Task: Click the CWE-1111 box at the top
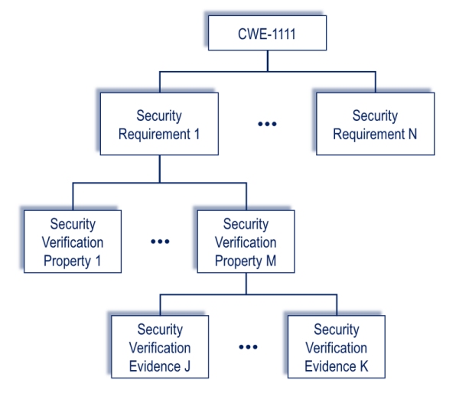pos(267,33)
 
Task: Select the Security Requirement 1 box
pos(159,124)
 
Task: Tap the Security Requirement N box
pos(376,124)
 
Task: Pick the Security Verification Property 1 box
pos(73,242)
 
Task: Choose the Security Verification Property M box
pos(246,242)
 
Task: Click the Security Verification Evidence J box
pos(160,347)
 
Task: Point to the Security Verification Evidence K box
pos(337,347)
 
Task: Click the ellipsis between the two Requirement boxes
pos(267,124)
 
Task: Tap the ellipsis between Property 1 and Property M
pos(160,242)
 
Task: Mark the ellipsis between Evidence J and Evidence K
pos(248,347)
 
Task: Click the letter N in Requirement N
pos(412,134)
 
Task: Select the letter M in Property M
pos(271,261)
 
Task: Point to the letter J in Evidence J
pos(187,366)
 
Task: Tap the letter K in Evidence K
pos(364,366)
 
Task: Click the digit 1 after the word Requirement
pos(197,134)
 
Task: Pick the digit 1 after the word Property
pos(98,261)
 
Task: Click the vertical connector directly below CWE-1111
pos(268,61)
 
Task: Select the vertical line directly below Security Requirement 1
pos(160,169)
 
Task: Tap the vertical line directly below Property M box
pos(246,284)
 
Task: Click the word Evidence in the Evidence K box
pos(330,366)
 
